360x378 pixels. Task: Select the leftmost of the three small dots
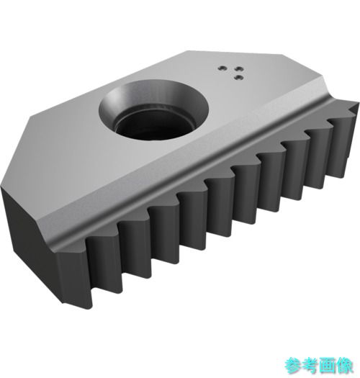point(222,68)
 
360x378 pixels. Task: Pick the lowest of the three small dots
point(239,77)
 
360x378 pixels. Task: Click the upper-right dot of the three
point(239,69)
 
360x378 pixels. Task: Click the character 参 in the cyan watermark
point(293,365)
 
